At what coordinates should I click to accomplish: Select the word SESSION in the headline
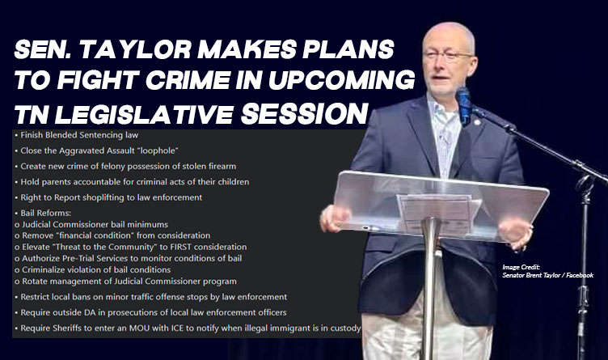point(304,113)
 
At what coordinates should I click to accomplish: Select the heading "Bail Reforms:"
point(46,213)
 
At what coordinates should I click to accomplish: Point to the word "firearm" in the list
point(221,166)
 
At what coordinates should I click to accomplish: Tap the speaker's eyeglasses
point(449,57)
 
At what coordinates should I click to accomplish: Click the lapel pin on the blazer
point(477,123)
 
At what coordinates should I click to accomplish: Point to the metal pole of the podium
point(429,288)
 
